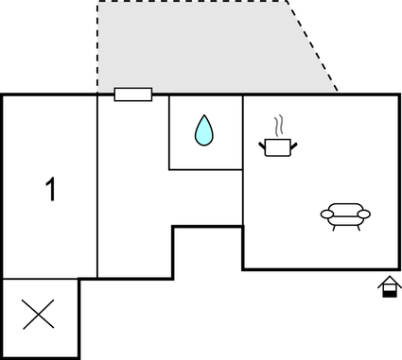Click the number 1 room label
pyautogui.click(x=51, y=190)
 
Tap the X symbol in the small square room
pyautogui.click(x=38, y=314)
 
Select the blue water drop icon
pyautogui.click(x=204, y=130)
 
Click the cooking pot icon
pyautogui.click(x=278, y=146)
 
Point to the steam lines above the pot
pyautogui.click(x=278, y=126)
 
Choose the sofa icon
pyautogui.click(x=345, y=215)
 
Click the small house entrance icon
pyautogui.click(x=387, y=287)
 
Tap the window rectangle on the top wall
pyautogui.click(x=132, y=94)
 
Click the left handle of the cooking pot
pyautogui.click(x=262, y=144)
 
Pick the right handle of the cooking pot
pyautogui.click(x=295, y=144)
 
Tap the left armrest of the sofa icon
pyautogui.click(x=326, y=215)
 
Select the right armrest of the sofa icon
pyautogui.click(x=364, y=215)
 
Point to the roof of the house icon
pyautogui.click(x=387, y=282)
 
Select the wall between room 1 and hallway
pyautogui.click(x=97, y=189)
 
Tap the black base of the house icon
pyautogui.click(x=387, y=292)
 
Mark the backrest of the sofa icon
pyautogui.click(x=345, y=207)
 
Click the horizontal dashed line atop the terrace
pyautogui.click(x=189, y=1)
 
